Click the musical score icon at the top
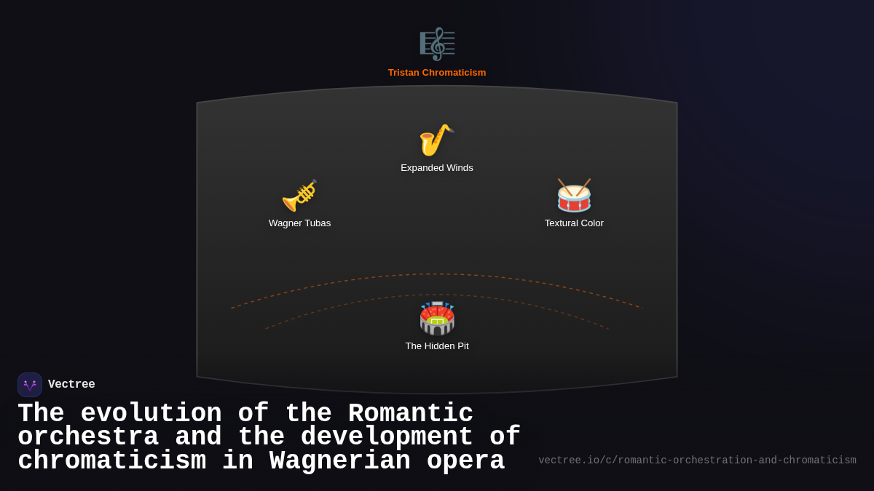[x=437, y=44]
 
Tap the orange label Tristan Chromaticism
[x=437, y=73]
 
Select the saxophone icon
[x=436, y=140]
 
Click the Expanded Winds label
[x=437, y=168]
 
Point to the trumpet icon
[x=299, y=195]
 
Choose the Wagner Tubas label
[x=299, y=223]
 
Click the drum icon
[x=574, y=195]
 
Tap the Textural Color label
[x=574, y=223]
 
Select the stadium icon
[x=437, y=318]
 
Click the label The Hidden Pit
[x=437, y=346]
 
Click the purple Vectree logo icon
[x=30, y=385]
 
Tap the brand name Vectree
[x=71, y=385]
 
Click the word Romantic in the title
[x=411, y=414]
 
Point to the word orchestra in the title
[x=88, y=437]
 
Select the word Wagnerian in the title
[x=340, y=461]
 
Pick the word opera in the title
[x=466, y=461]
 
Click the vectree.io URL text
[x=697, y=460]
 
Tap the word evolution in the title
[x=151, y=414]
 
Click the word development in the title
[x=387, y=437]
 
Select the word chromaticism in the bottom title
[x=111, y=461]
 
